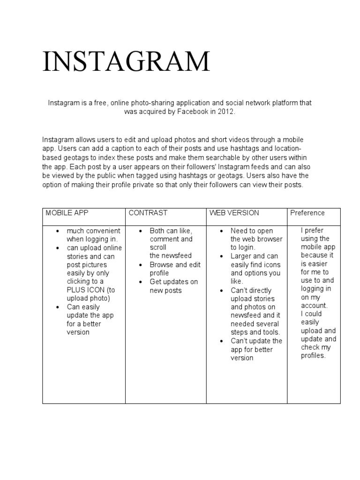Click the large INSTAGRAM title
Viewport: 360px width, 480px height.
(126, 61)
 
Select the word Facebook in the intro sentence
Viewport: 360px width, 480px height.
(193, 112)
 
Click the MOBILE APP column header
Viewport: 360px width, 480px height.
(67, 213)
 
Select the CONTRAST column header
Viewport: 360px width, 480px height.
(148, 213)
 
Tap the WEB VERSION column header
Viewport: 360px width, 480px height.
(234, 213)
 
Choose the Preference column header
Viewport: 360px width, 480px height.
(307, 213)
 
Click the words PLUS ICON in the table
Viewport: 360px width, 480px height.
(84, 290)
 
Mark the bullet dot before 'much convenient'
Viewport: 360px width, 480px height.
(57, 231)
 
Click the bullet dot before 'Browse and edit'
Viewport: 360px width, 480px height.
(140, 265)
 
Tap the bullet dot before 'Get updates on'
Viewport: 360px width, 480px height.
(140, 282)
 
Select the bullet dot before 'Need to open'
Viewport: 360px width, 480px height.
(221, 231)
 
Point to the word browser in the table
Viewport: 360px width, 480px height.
(270, 239)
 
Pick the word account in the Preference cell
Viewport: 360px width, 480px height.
(314, 305)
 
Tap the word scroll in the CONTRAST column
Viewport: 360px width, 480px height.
(158, 247)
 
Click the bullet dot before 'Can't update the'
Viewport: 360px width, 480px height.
(221, 341)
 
